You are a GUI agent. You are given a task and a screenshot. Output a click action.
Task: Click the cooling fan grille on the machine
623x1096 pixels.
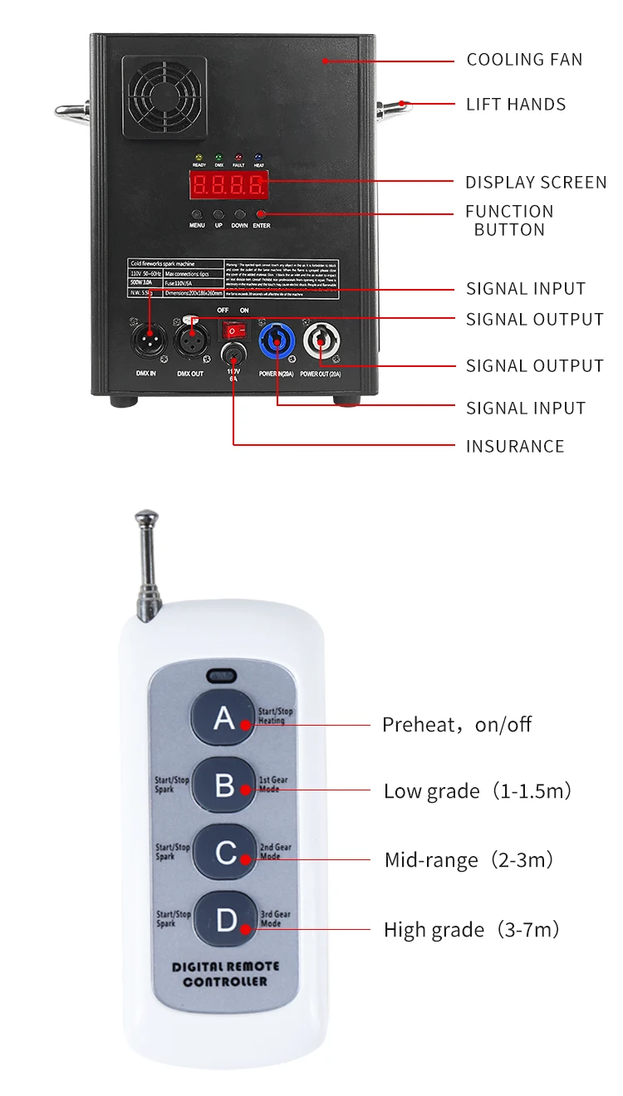point(164,97)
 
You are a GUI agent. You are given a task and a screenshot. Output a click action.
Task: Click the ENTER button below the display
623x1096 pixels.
point(262,214)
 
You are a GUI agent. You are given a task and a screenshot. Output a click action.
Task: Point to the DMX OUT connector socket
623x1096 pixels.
point(190,340)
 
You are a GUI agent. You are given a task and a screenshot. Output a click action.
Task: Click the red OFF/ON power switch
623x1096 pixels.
point(233,330)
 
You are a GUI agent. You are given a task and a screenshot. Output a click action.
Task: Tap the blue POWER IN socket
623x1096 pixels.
point(275,340)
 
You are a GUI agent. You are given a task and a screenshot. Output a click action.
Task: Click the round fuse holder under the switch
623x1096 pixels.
point(233,357)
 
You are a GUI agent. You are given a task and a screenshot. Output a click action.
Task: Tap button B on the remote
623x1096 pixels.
point(225,785)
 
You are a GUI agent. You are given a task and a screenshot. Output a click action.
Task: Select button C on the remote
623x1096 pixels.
point(225,852)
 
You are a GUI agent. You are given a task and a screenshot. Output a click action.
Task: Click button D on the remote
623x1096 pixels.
point(225,920)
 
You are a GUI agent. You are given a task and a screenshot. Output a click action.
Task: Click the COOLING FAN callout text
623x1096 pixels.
point(524,60)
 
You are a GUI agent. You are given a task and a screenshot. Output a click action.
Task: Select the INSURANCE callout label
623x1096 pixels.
point(514,447)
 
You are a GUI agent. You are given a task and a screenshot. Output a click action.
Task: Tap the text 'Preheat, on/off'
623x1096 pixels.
point(456,725)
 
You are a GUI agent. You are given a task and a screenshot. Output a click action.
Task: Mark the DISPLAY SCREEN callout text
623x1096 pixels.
point(535,183)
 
